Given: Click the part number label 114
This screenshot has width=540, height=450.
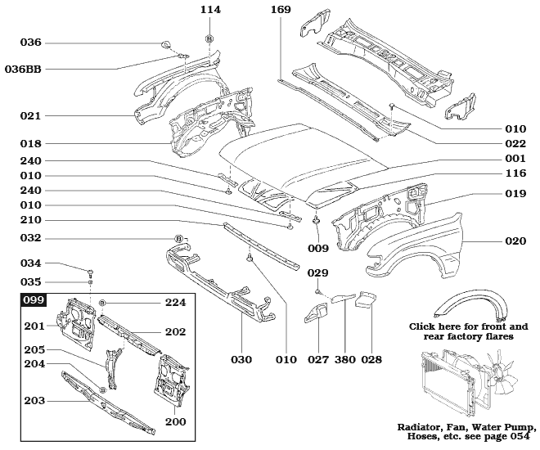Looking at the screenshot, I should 209,10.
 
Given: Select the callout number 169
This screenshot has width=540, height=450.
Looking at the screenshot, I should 281,10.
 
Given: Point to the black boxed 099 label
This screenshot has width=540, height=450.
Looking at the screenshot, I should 34,300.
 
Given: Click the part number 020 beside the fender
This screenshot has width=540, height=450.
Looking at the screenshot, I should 515,241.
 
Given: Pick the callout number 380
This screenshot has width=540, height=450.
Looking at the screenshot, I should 344,359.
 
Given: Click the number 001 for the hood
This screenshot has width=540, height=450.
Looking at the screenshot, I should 515,158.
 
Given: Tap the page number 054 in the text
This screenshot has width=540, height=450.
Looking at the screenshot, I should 521,438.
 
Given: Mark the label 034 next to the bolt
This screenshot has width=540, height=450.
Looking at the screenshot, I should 30,263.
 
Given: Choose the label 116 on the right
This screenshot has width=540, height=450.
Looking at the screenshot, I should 515,175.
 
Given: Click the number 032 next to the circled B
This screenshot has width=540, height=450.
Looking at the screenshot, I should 30,238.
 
